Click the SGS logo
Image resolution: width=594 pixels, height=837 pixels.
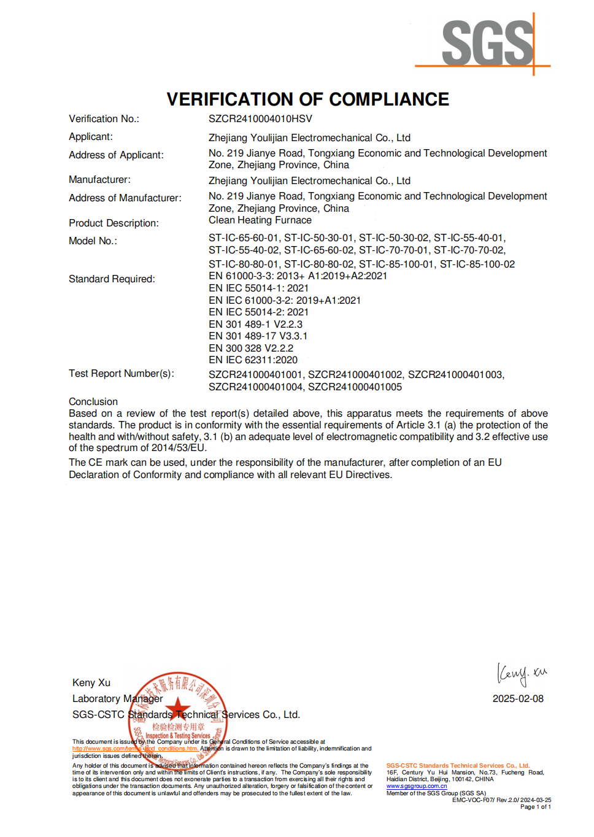click(488, 43)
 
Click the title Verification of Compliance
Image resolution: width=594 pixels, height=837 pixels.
click(307, 99)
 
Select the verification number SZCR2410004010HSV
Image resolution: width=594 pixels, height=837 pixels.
click(260, 118)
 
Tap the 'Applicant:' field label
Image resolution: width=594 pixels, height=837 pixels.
click(91, 137)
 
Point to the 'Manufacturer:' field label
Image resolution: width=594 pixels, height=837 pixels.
click(99, 180)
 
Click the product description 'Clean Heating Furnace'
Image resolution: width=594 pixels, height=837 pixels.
click(260, 220)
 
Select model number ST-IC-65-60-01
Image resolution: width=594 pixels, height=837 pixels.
click(244, 238)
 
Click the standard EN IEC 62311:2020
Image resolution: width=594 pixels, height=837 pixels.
click(253, 360)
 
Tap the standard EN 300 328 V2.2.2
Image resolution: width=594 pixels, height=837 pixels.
click(251, 349)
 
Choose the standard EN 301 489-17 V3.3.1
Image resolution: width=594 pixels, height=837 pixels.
click(258, 336)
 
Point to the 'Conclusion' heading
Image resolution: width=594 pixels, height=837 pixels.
click(93, 402)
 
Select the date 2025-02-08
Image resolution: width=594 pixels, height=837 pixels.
click(518, 699)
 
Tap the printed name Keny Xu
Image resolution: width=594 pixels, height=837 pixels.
click(91, 683)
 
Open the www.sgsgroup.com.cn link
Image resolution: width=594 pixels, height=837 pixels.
click(417, 786)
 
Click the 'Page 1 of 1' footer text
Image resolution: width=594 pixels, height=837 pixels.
click(535, 807)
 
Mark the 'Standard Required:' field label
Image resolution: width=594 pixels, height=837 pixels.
click(112, 279)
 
